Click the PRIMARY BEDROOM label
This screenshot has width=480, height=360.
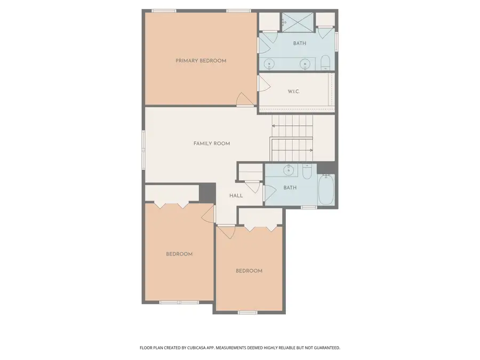pyautogui.click(x=201, y=61)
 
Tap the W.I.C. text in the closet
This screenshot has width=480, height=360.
pyautogui.click(x=293, y=92)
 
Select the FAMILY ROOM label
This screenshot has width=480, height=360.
pyautogui.click(x=211, y=143)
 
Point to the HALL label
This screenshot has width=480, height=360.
pyautogui.click(x=236, y=196)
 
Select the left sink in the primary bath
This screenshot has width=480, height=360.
pyautogui.click(x=270, y=64)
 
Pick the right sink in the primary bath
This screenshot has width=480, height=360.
pyautogui.click(x=306, y=64)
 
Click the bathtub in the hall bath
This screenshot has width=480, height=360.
pyautogui.click(x=326, y=190)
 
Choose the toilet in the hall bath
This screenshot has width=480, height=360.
pyautogui.click(x=307, y=172)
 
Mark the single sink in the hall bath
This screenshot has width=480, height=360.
pyautogui.click(x=288, y=171)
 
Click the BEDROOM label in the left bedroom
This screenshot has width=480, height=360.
pyautogui.click(x=179, y=254)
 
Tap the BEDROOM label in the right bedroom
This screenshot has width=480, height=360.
pyautogui.click(x=249, y=271)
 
